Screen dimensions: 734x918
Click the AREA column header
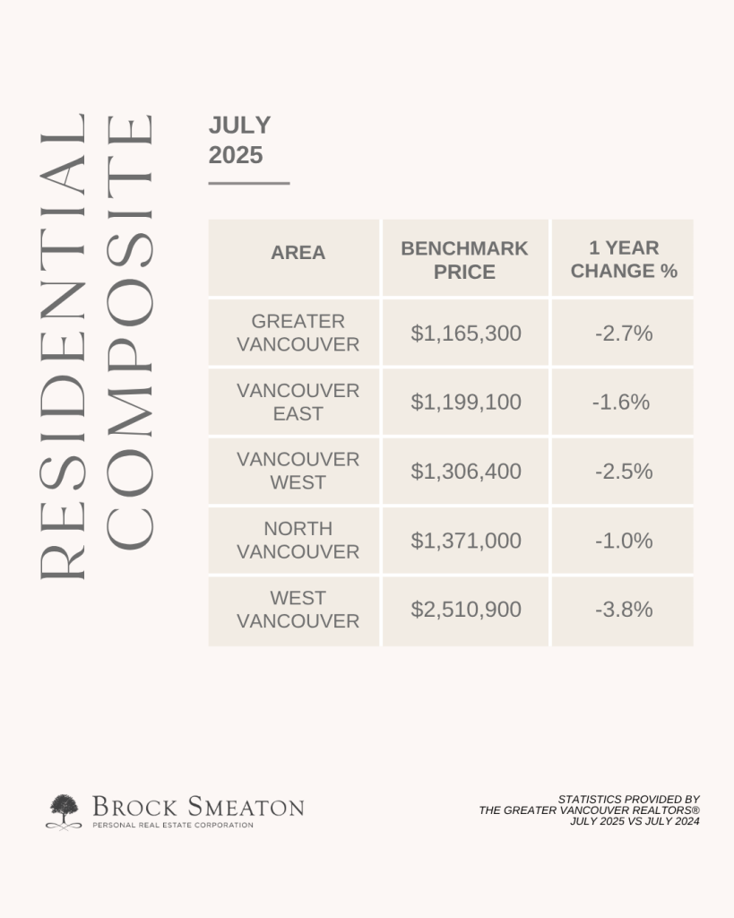(x=298, y=252)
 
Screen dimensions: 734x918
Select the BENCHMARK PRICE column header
(x=464, y=260)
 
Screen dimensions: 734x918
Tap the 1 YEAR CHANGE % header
(x=624, y=259)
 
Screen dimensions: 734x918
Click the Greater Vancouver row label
(x=298, y=333)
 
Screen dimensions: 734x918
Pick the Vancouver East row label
(x=298, y=402)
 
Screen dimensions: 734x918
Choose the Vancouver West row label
(x=298, y=471)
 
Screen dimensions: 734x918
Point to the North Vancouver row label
(x=298, y=540)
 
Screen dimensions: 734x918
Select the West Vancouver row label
(x=298, y=609)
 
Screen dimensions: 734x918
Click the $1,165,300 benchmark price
(x=466, y=333)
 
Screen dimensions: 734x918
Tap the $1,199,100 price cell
(x=466, y=403)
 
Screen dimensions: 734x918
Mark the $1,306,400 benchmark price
(x=466, y=472)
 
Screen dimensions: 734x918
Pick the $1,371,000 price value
(x=466, y=541)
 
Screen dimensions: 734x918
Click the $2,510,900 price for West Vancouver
(x=466, y=610)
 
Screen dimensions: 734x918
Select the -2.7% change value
(x=624, y=333)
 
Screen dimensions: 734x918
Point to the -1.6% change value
(x=621, y=403)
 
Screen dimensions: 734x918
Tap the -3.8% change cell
(x=624, y=610)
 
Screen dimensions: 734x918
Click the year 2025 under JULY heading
(x=236, y=155)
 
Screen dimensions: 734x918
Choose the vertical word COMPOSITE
(x=130, y=332)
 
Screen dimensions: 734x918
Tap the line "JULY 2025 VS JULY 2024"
(x=635, y=821)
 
